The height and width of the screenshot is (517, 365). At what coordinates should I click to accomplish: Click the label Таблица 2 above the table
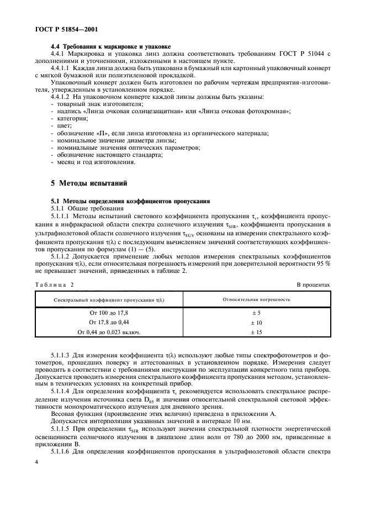(x=54, y=284)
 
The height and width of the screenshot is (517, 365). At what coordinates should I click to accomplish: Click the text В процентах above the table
(x=313, y=284)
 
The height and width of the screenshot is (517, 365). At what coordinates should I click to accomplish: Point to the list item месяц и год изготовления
(x=94, y=162)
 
